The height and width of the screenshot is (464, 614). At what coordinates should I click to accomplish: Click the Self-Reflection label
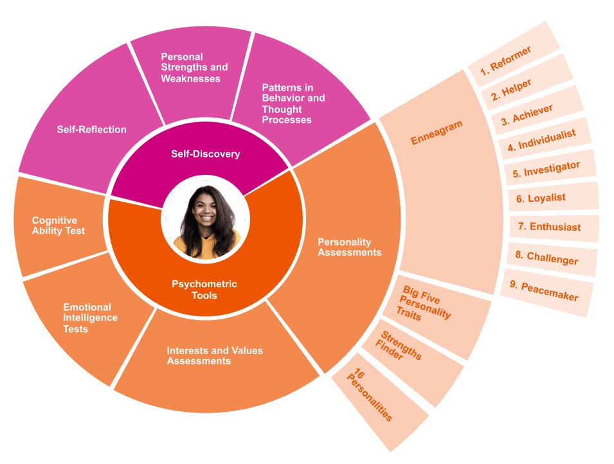pyautogui.click(x=91, y=129)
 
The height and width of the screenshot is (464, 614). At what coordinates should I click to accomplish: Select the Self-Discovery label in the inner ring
pyautogui.click(x=205, y=154)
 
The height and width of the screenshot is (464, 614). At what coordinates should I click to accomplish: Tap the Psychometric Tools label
pyautogui.click(x=204, y=290)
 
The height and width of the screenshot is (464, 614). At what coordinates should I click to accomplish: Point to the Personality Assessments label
pyautogui.click(x=349, y=247)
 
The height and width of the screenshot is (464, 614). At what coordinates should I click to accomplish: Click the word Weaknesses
pyautogui.click(x=190, y=78)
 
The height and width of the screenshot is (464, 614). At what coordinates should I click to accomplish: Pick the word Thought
pyautogui.click(x=282, y=109)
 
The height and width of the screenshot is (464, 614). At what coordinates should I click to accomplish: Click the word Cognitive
pyautogui.click(x=55, y=220)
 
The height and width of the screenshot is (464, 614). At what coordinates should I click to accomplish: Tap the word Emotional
pyautogui.click(x=87, y=307)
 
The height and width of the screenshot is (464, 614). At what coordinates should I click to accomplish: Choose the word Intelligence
pyautogui.click(x=90, y=318)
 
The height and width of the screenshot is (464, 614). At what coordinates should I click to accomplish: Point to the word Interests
pyautogui.click(x=188, y=350)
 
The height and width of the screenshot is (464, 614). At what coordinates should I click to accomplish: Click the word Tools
pyautogui.click(x=204, y=296)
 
